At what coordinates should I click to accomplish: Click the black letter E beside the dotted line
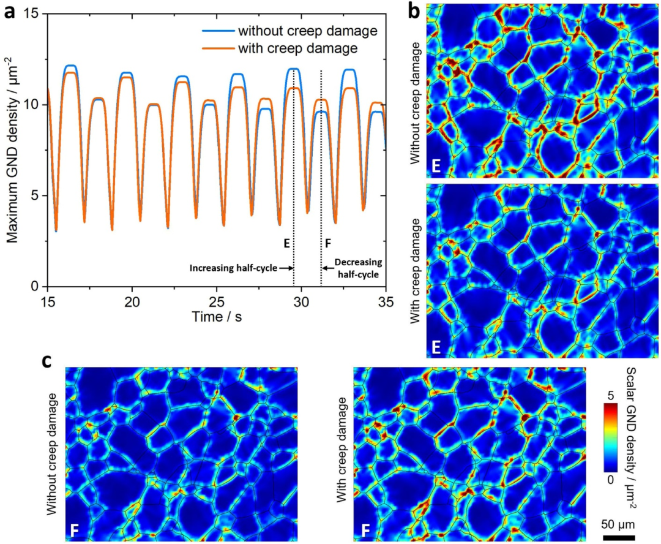[286, 243]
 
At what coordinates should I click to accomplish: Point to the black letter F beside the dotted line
[329, 243]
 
